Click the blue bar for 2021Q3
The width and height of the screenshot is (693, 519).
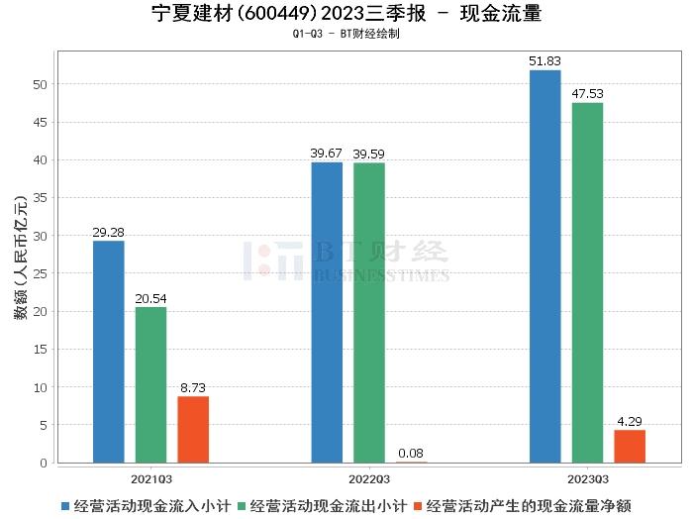point(109,352)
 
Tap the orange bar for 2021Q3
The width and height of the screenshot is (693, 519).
point(193,429)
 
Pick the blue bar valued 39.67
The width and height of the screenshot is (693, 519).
point(327,312)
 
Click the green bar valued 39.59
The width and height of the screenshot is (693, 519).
point(369,312)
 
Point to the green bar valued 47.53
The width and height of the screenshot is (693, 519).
point(587,282)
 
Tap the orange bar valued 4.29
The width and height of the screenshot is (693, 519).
point(630,446)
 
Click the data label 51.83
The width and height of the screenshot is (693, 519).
point(544,61)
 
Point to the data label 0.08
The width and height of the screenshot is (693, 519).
point(412,454)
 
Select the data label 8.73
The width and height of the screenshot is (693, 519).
point(193,388)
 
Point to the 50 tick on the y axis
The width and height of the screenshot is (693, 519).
point(41,84)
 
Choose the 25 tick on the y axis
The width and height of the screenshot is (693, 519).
point(41,273)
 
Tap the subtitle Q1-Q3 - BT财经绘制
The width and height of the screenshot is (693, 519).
point(346,34)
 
